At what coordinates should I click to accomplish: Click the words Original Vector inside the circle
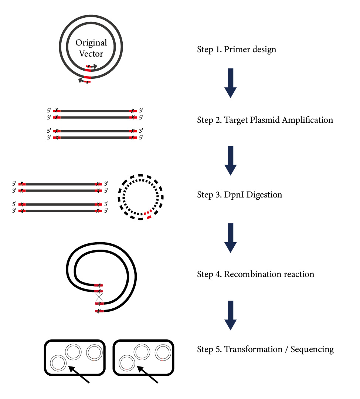(91, 48)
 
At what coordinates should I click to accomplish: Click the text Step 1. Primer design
(236, 49)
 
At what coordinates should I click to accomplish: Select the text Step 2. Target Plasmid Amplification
(265, 120)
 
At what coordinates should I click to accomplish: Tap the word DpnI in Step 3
(234, 195)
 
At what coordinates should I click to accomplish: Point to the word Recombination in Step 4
(251, 274)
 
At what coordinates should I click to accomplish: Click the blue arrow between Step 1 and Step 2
(230, 83)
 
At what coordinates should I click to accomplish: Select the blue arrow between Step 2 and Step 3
(230, 160)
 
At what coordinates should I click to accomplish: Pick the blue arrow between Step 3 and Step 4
(230, 238)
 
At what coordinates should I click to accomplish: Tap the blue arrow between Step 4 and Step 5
(230, 315)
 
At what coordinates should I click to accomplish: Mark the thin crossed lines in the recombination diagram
(98, 297)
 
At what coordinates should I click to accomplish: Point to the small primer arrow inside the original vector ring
(92, 67)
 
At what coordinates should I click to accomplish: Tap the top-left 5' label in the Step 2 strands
(49, 110)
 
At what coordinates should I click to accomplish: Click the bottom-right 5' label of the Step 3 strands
(106, 211)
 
